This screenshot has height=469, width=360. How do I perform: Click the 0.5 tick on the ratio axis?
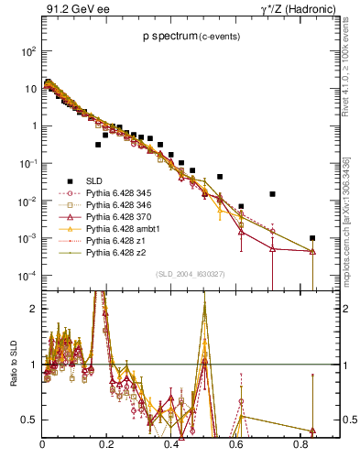30,420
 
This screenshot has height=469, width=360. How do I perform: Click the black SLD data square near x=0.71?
273,194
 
